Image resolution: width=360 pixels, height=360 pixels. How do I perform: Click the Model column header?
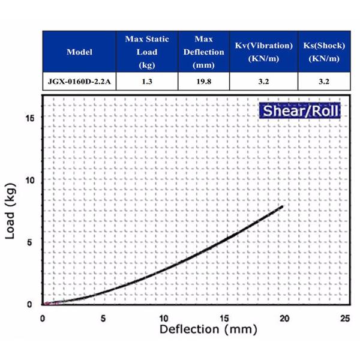(79, 52)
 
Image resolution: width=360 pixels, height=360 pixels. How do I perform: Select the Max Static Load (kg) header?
(147, 52)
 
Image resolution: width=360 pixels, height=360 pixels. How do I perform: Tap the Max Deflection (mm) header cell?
(204, 52)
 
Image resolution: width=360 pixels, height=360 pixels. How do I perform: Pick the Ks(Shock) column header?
(323, 52)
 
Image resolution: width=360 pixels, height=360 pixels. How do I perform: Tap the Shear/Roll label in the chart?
(299, 111)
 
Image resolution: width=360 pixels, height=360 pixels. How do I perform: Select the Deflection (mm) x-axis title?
(208, 329)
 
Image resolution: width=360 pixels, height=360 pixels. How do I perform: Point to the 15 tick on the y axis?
(28, 118)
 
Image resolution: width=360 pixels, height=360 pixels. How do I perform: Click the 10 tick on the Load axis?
(28, 180)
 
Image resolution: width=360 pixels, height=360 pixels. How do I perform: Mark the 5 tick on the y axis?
(31, 242)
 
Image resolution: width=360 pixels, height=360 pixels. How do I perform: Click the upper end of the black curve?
(281, 207)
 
